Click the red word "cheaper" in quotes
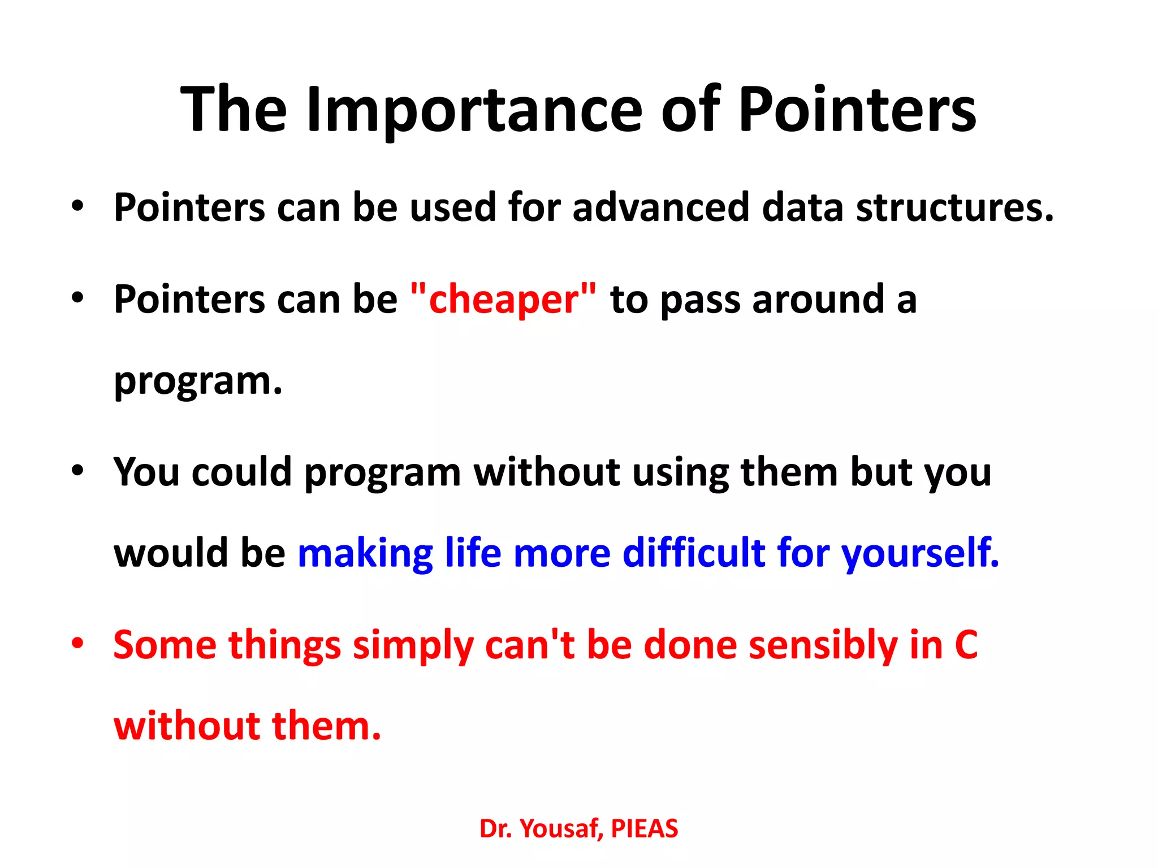(503, 299)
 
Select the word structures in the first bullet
(954, 207)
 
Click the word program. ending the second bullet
(198, 381)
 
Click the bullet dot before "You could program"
(77, 470)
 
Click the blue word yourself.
(921, 554)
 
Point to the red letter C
(966, 645)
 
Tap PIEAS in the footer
(644, 829)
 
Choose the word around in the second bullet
(818, 299)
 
